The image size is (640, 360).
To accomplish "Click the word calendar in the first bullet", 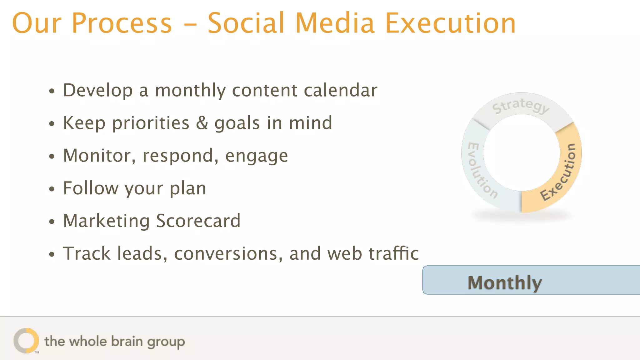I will click(340, 90).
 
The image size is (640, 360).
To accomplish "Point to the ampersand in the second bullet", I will click(202, 123).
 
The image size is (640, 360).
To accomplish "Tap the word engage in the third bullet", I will click(257, 156).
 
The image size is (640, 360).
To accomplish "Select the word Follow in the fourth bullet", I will click(91, 188).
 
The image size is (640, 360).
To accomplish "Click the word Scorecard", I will click(198, 221).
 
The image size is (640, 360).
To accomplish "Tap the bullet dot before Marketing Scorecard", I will click(52, 222).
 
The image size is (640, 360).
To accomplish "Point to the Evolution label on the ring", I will click(481, 170).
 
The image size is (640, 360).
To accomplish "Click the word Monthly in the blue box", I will click(504, 283).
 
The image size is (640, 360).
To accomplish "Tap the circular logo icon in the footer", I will click(26, 341).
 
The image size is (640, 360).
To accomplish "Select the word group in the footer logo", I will click(166, 342).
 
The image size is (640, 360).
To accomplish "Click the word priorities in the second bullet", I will click(151, 123).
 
